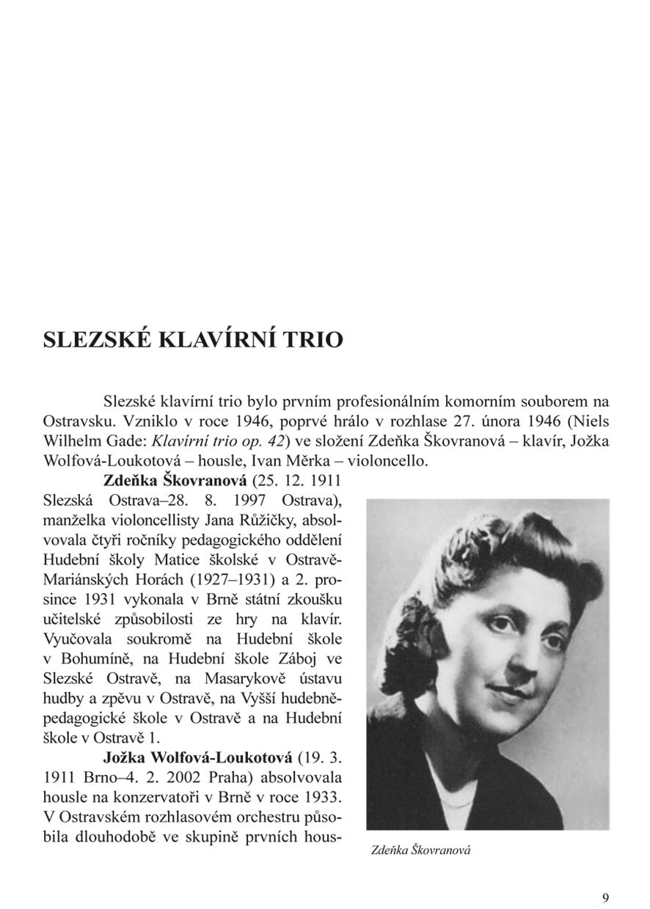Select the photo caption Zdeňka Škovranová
420,850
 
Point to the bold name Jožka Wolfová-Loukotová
198,757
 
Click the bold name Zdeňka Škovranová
176,482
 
